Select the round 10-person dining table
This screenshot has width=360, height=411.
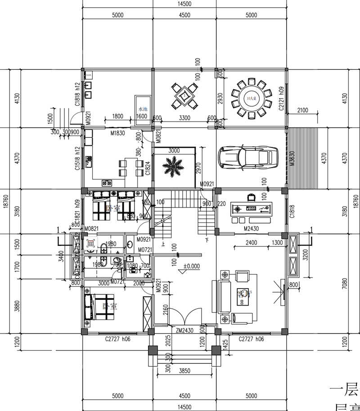click(x=252, y=98)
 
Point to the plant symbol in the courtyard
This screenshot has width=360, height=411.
click(x=173, y=167)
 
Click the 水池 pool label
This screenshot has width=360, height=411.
click(x=143, y=109)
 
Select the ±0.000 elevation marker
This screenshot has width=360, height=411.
click(x=191, y=266)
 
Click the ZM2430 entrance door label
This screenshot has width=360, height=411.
click(x=184, y=330)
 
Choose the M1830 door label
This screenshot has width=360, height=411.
click(x=117, y=133)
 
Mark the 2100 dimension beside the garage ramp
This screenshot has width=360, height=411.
click(x=303, y=110)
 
